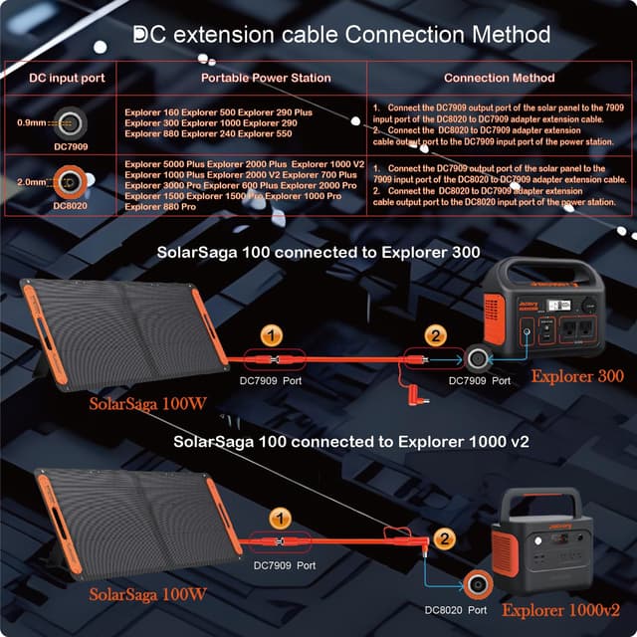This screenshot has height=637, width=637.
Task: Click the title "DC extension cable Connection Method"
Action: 341,35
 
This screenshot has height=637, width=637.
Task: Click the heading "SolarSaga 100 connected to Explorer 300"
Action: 318,252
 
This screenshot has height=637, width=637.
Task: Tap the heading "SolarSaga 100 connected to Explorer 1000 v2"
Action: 337,440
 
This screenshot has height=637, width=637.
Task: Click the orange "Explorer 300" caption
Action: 577,376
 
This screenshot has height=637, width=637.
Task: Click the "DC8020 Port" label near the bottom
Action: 456,608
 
